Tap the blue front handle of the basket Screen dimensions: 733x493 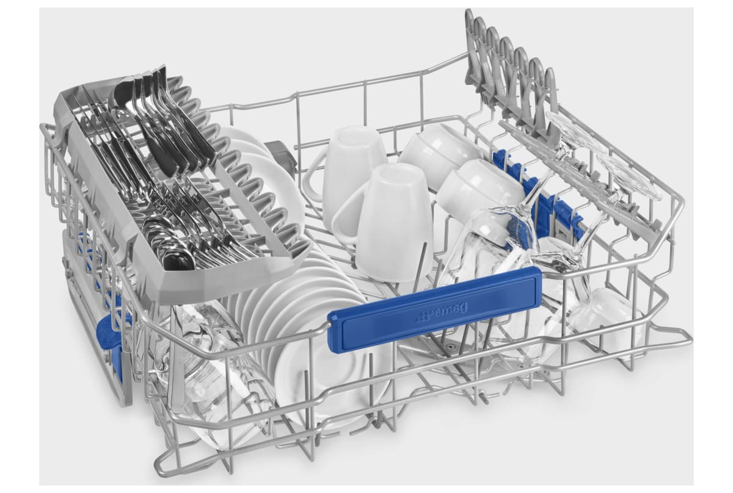pos(434,309)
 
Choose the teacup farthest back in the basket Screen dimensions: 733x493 pos(440,154)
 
